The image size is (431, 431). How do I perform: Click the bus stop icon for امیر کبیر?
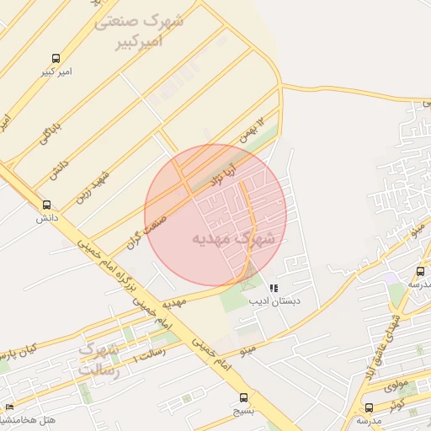click(56, 59)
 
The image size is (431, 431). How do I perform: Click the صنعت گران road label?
click(144, 221)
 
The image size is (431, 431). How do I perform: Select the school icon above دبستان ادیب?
click(274, 288)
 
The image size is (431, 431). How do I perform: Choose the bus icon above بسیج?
click(243, 397)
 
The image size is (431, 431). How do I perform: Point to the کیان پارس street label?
click(19, 349)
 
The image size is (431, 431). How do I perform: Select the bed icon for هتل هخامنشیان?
click(9, 408)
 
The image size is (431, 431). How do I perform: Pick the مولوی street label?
click(395, 386)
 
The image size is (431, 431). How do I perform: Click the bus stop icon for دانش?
click(46, 205)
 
